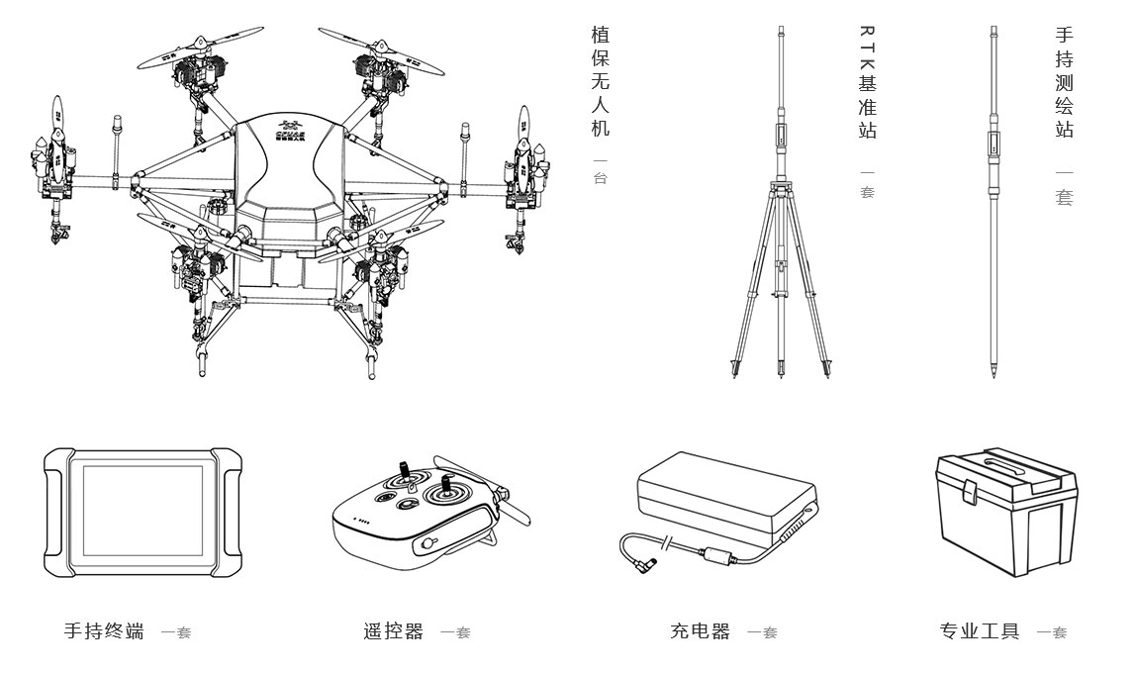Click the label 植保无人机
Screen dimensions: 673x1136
point(600,82)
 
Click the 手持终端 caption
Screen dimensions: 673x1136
point(104,631)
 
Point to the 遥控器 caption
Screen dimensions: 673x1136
point(393,631)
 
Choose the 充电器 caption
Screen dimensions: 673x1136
point(700,631)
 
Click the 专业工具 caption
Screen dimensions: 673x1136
point(979,631)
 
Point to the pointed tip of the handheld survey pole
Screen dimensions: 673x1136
point(994,375)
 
